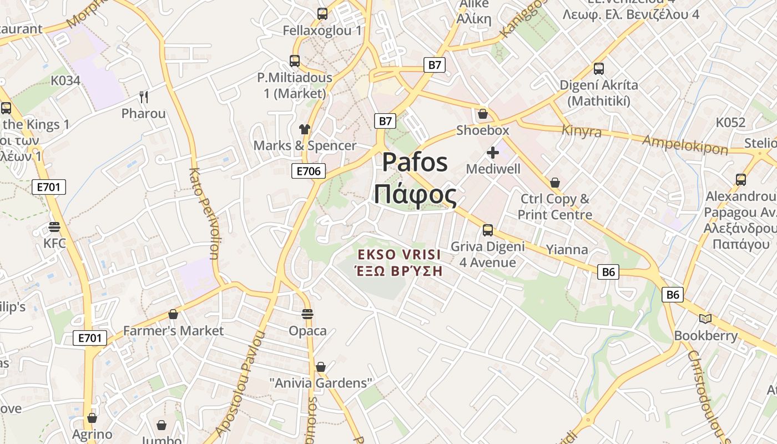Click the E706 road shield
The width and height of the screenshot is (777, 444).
[309, 171]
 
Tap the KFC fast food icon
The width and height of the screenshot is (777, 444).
[54, 227]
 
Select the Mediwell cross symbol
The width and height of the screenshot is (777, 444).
[493, 153]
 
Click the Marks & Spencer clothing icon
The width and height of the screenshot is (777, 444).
[304, 129]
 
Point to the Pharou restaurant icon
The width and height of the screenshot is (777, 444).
[144, 97]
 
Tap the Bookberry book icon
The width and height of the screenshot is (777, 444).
[705, 319]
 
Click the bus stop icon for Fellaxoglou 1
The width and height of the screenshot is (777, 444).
[322, 14]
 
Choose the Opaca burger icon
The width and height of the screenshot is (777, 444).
[307, 314]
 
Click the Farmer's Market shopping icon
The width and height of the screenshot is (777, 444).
[173, 314]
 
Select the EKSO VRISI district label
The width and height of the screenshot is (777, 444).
[400, 255]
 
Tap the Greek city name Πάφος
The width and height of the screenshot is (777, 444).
[415, 195]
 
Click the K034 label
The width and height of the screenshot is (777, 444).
[65, 80]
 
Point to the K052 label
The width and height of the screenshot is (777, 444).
[730, 123]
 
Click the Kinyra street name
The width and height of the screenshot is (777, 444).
[582, 132]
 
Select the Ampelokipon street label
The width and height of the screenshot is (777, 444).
[685, 145]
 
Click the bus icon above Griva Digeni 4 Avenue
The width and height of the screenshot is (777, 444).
[488, 230]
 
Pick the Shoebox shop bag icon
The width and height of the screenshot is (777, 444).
[483, 114]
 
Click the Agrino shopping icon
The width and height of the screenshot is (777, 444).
[92, 417]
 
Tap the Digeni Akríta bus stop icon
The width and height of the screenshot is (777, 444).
[598, 69]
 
